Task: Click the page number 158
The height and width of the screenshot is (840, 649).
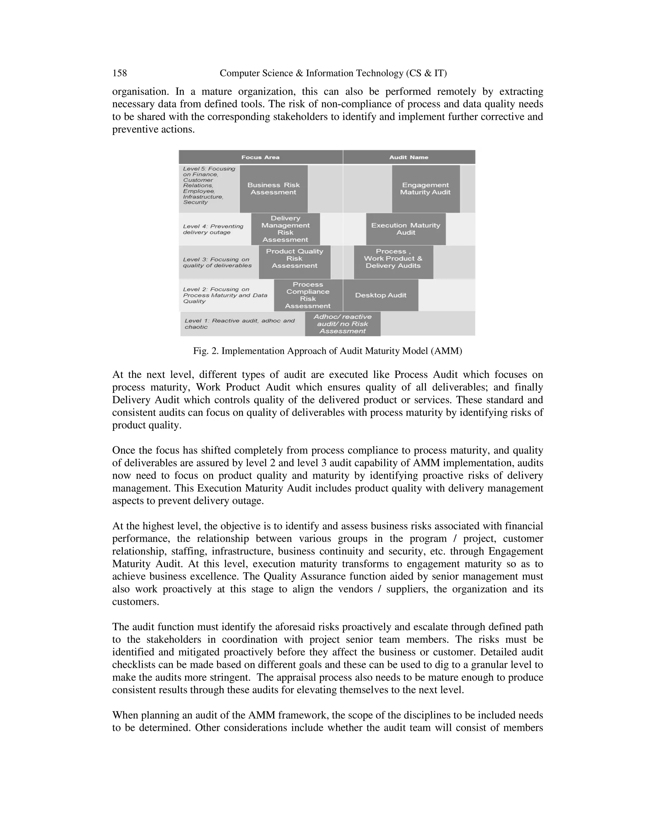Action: (x=119, y=73)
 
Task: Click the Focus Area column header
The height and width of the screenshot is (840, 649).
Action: (x=260, y=157)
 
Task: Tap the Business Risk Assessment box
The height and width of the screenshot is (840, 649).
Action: (x=273, y=189)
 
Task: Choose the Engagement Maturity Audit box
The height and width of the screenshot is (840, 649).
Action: (x=425, y=189)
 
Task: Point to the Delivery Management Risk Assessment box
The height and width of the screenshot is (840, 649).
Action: (x=285, y=229)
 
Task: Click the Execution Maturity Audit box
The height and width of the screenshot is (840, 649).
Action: (x=406, y=229)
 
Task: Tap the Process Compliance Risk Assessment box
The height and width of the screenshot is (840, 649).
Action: (x=308, y=295)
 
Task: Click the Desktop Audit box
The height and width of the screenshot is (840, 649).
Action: (x=380, y=295)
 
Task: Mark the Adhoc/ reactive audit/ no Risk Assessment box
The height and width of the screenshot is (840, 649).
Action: (x=342, y=324)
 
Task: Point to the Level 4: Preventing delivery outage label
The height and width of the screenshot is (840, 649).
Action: (x=213, y=229)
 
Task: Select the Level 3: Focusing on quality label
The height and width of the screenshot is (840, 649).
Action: (x=217, y=262)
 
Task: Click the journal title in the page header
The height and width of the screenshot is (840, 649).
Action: (x=333, y=73)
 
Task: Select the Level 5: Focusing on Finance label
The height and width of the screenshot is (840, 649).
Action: (x=209, y=185)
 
